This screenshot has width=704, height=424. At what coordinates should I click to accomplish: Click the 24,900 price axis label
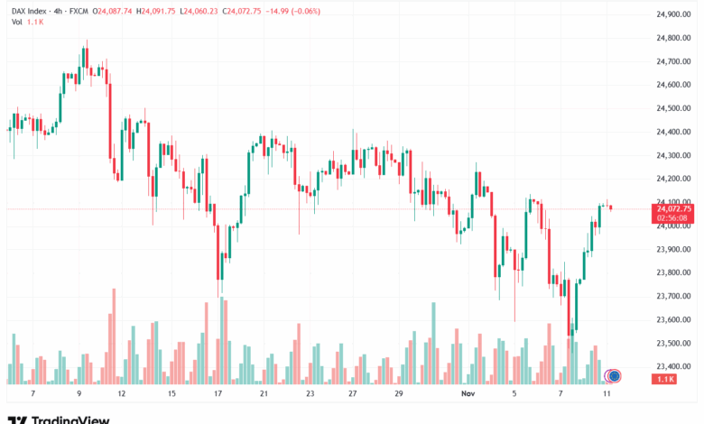[x=672, y=14]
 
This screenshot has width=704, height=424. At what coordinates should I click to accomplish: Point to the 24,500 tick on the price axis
[x=672, y=108]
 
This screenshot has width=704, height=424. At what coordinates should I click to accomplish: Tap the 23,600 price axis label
[x=672, y=319]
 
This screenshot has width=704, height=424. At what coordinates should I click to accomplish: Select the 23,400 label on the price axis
[x=672, y=366]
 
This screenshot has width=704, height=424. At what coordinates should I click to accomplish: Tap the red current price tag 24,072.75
[x=673, y=208]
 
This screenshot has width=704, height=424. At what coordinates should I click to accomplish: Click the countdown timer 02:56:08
[x=673, y=217]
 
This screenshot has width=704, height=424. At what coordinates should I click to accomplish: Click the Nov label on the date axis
[x=468, y=394]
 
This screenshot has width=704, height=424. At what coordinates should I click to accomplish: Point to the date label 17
[x=218, y=394]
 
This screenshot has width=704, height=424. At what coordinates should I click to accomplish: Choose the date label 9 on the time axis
[x=79, y=394]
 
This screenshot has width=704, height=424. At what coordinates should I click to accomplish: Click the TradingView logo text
[x=70, y=419]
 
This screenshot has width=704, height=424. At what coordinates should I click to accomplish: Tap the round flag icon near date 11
[x=613, y=375]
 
